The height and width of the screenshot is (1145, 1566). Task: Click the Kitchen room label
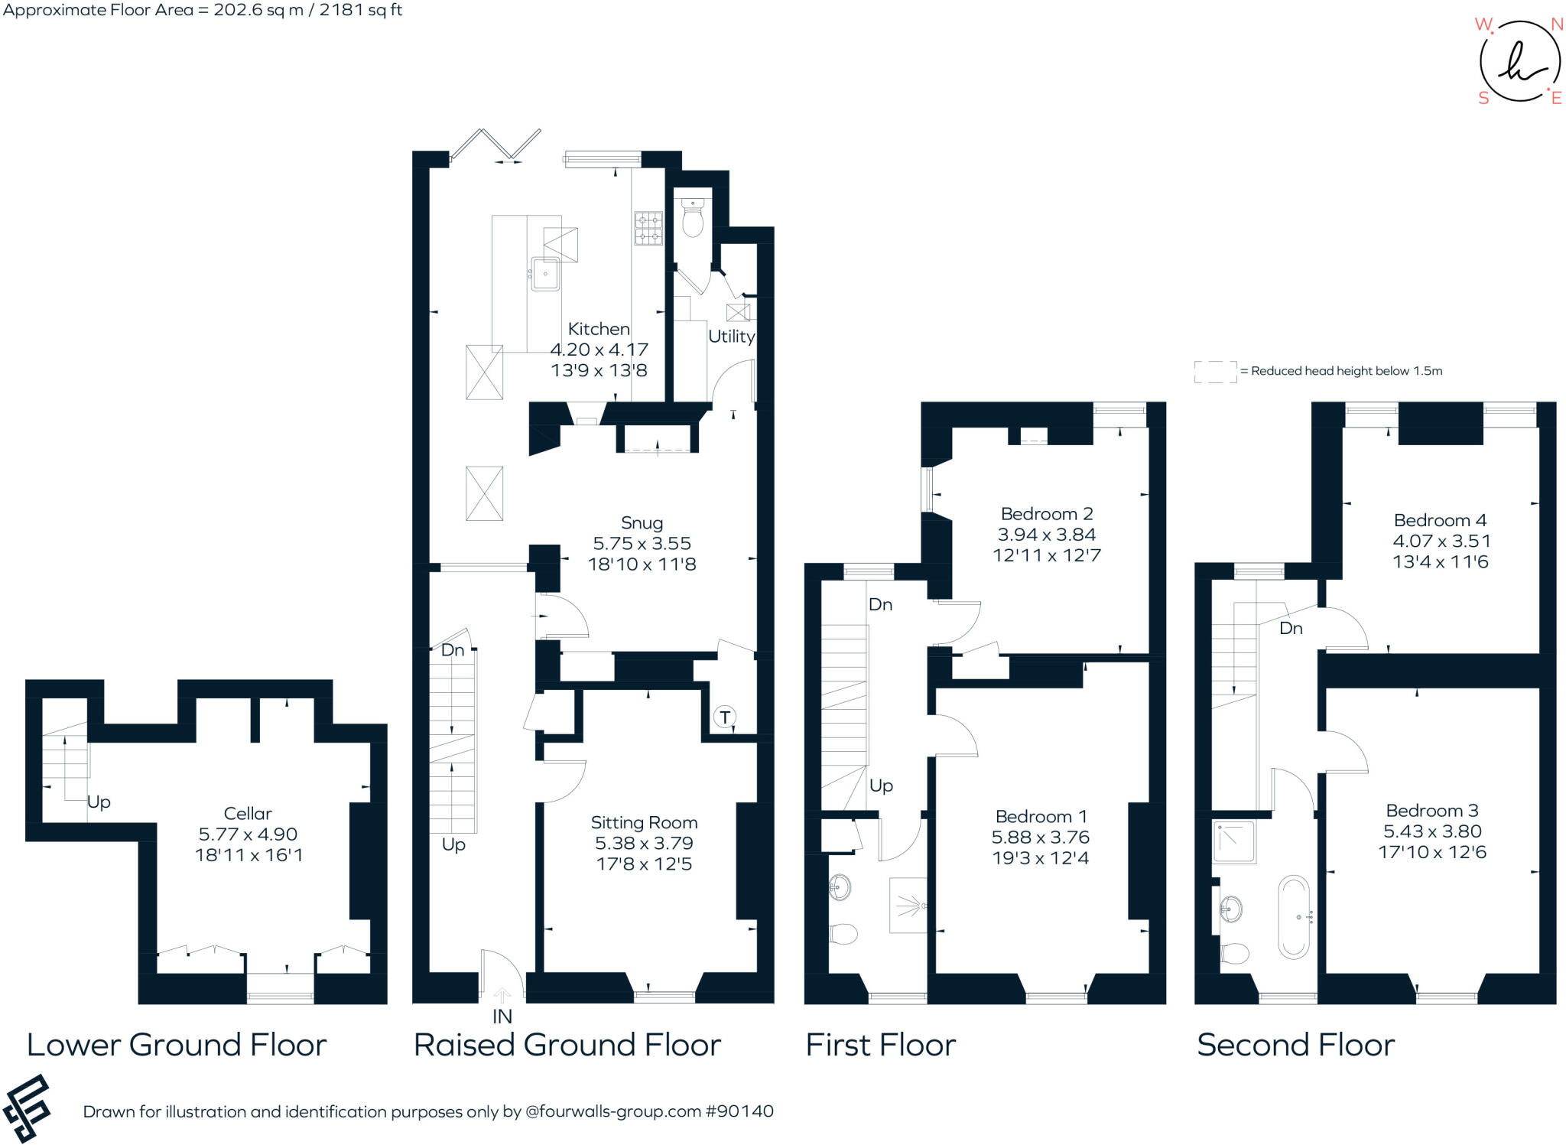click(599, 329)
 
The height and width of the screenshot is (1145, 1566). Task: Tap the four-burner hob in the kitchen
click(648, 228)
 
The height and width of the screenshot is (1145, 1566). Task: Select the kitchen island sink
click(545, 274)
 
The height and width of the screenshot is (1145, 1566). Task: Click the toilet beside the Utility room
click(692, 216)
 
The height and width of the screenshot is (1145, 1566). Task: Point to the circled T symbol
click(725, 717)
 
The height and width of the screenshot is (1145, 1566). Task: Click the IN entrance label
click(502, 1017)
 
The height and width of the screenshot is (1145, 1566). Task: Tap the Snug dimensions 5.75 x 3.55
click(642, 544)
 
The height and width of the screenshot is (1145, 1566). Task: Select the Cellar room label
click(247, 813)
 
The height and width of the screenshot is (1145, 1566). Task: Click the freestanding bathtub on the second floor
click(1294, 917)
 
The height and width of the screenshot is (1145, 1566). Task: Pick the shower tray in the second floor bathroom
click(1233, 841)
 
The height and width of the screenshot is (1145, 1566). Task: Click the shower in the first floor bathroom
click(908, 906)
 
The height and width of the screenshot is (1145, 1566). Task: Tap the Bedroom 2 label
click(1046, 514)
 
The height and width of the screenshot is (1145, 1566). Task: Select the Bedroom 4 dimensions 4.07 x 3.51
click(1441, 541)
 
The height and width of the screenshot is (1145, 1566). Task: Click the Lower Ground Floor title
click(177, 1045)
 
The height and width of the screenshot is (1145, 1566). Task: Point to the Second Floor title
click(1295, 1045)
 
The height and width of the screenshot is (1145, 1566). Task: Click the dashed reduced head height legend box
click(1215, 372)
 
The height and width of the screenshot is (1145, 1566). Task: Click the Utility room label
click(731, 337)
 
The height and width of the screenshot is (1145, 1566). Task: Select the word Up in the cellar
click(99, 802)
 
